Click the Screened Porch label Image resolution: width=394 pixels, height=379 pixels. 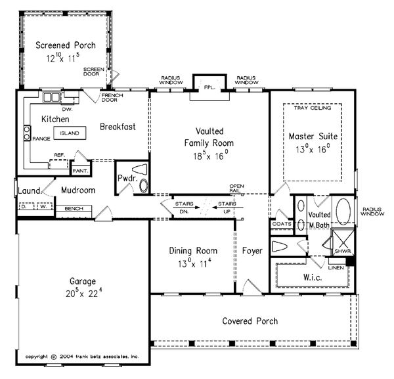pos(66,45)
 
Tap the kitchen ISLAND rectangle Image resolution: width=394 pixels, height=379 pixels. pos(70,133)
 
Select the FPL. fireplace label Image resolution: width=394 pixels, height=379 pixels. pos(209,88)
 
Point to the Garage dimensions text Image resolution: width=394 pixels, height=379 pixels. pos(83,293)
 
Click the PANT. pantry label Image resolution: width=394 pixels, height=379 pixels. pos(80,171)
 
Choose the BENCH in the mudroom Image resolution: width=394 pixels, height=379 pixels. pos(74,212)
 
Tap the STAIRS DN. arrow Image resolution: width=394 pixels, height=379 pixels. pos(186,208)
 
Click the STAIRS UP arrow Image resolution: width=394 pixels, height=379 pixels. pos(228,208)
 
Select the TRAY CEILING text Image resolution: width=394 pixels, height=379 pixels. pos(313,108)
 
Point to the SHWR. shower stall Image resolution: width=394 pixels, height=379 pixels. pos(343,242)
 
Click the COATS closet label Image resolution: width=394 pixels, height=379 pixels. pos(282,224)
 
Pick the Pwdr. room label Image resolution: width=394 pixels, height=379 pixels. pos(127,179)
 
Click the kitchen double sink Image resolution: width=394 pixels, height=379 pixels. pos(51,97)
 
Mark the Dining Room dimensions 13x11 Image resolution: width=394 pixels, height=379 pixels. pos(194,263)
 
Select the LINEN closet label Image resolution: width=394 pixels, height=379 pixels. pos(336,268)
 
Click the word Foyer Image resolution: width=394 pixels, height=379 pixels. pos(252,250)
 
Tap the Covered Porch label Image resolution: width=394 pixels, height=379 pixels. pos(250,321)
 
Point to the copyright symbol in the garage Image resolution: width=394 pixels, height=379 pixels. pos(54,357)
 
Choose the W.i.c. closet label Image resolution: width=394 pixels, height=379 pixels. pos(313,277)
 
